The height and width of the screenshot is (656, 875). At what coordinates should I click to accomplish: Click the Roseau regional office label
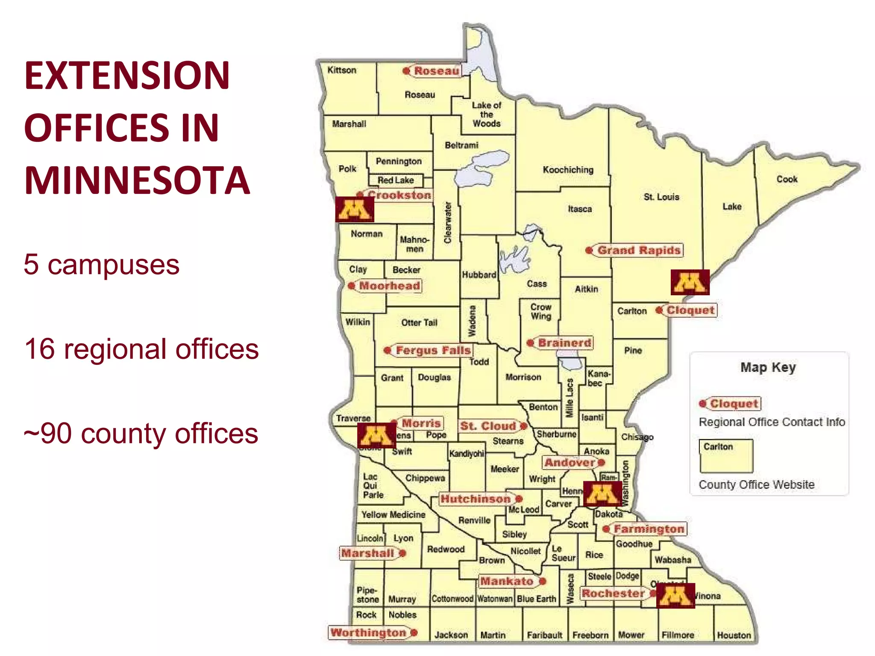tap(436, 71)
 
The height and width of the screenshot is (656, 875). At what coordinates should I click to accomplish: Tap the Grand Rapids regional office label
tap(638, 250)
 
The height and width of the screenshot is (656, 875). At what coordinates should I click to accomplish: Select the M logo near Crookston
tap(354, 209)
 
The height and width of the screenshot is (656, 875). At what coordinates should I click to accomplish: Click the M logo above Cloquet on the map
tap(690, 282)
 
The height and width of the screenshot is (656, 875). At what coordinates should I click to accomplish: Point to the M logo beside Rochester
tap(675, 595)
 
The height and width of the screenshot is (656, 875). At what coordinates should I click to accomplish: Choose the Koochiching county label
tap(568, 170)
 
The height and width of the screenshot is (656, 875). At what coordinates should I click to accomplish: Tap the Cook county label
tap(787, 179)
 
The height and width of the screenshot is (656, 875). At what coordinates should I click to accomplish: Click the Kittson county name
tap(341, 70)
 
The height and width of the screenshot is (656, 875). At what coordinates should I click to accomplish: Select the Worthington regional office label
tap(368, 633)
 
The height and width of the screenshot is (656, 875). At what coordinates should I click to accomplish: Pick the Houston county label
tap(734, 635)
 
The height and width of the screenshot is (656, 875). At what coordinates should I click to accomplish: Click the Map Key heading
tap(768, 367)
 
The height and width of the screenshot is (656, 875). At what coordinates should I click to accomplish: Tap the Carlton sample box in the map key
tap(726, 456)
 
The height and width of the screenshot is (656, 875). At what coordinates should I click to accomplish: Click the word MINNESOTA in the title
tap(137, 181)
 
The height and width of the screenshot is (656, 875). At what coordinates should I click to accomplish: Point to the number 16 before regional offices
tap(40, 349)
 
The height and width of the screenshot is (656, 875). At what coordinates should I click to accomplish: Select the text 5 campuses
tap(101, 264)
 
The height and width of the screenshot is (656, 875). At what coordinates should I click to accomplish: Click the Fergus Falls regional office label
tap(433, 351)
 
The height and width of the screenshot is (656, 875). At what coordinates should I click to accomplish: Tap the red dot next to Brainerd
tap(530, 343)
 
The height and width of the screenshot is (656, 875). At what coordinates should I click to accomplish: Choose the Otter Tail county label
tap(419, 323)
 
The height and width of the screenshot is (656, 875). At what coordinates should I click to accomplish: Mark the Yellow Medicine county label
tap(393, 515)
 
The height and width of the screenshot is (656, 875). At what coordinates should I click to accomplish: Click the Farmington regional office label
tap(649, 529)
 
